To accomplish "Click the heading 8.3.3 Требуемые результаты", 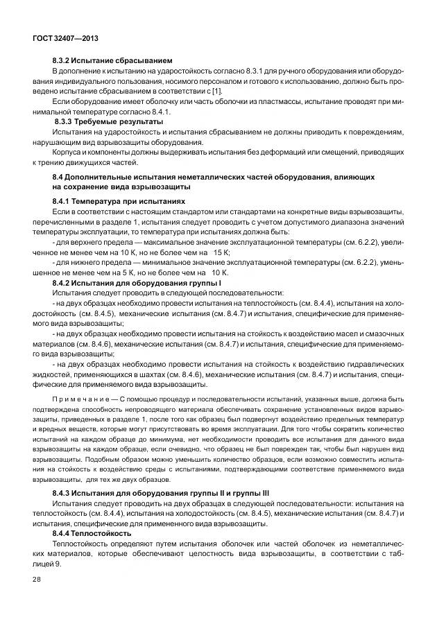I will pos(109,121).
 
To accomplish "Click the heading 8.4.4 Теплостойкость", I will pos(92,533).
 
